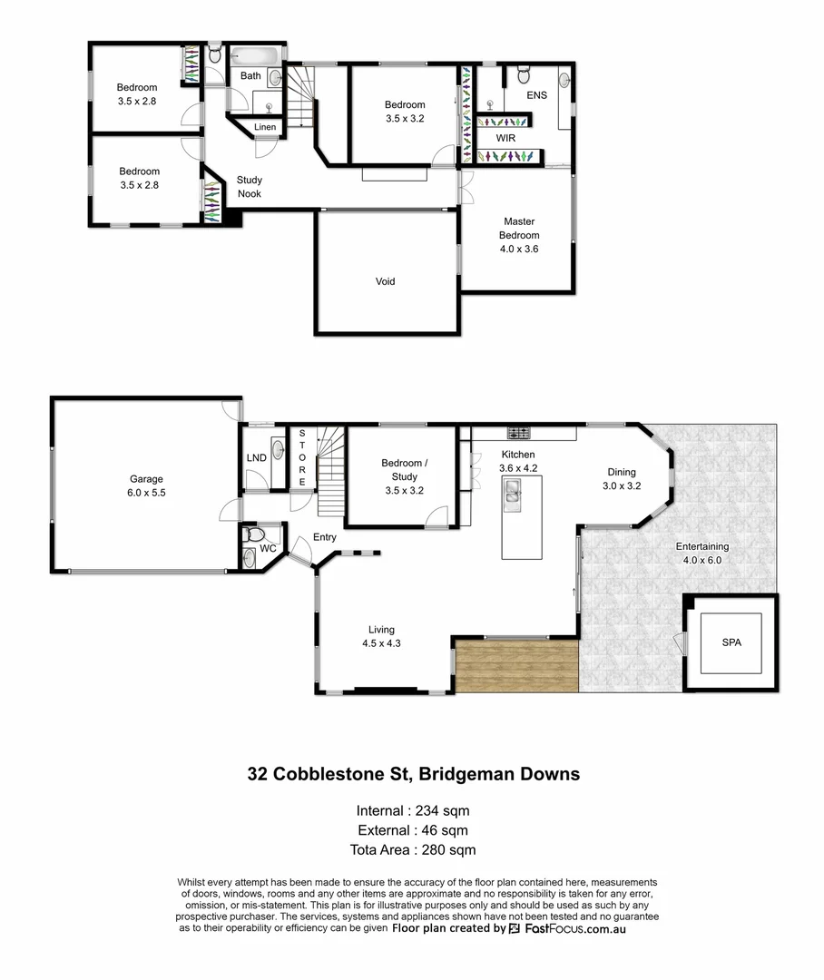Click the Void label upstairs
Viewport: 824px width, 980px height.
click(x=385, y=281)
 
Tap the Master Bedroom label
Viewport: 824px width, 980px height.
click(x=519, y=234)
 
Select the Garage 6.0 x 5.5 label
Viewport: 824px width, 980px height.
click(x=145, y=485)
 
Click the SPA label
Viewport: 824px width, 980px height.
click(x=731, y=642)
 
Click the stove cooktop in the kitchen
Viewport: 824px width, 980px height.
click(x=518, y=433)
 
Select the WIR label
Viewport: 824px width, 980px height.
click(x=505, y=138)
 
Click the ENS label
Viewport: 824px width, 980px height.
click(x=536, y=94)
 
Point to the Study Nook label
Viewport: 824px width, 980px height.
click(x=250, y=187)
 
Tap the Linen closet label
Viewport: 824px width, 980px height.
click(x=265, y=127)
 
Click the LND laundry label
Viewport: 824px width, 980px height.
click(x=256, y=457)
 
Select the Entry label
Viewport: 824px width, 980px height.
click(x=324, y=537)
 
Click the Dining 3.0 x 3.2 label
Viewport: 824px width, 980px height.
click(x=622, y=478)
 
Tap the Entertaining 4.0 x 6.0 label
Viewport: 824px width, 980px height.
click(x=701, y=554)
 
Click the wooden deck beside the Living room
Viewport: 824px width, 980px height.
click(x=516, y=665)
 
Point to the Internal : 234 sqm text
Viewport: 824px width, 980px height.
click(x=414, y=810)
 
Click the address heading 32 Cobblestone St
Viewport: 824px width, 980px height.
click(x=414, y=774)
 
